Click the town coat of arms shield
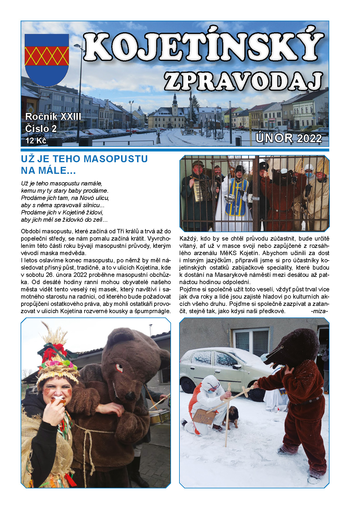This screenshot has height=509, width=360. (47, 59)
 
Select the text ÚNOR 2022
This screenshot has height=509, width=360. (289, 138)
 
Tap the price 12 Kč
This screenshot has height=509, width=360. (36, 141)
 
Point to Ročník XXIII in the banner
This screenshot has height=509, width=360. (53, 117)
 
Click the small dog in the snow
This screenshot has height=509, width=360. (232, 418)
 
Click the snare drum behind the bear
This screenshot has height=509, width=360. (159, 416)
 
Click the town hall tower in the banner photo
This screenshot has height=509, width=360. (175, 104)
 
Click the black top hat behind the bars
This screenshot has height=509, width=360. (240, 169)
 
